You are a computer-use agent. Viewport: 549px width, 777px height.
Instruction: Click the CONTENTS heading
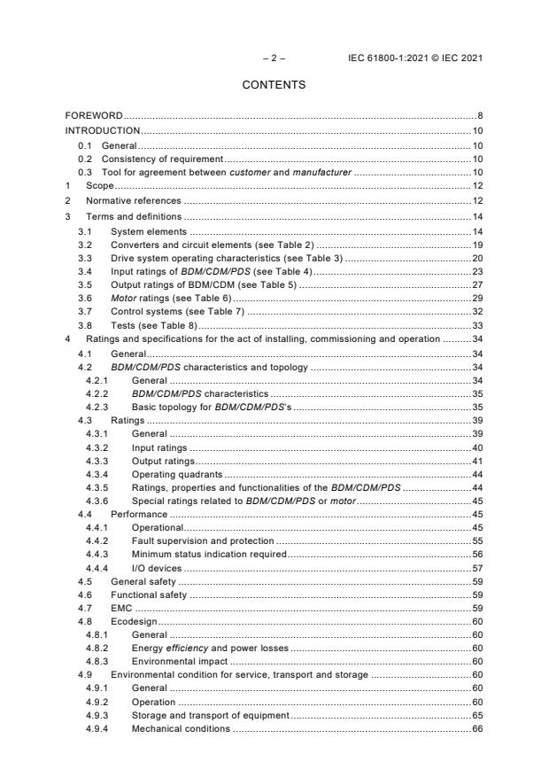point(274,85)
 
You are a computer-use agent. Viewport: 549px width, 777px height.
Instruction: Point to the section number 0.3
point(85,172)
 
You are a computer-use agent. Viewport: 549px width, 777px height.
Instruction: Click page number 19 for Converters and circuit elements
point(476,244)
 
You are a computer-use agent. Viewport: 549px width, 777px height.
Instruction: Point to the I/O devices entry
point(157,568)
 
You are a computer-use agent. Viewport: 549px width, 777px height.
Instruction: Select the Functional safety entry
point(148,595)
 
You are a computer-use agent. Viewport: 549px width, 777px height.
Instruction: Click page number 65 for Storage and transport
point(476,715)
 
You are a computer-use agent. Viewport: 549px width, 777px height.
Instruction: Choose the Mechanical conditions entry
point(181,729)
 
